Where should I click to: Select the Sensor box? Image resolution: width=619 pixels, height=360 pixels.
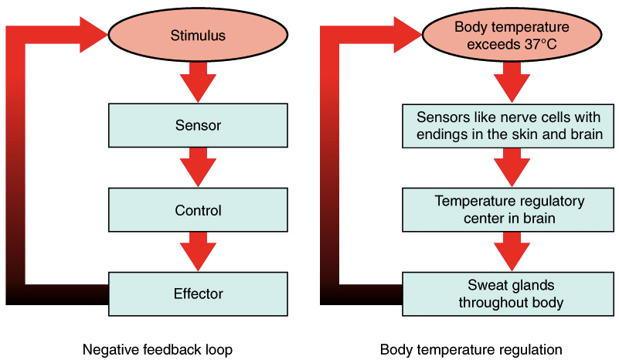click(x=198, y=125)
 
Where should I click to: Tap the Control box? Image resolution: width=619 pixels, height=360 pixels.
click(x=198, y=210)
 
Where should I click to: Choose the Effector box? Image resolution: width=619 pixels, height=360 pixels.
click(x=198, y=294)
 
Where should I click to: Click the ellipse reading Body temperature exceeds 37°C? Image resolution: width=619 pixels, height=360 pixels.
click(x=502, y=36)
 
